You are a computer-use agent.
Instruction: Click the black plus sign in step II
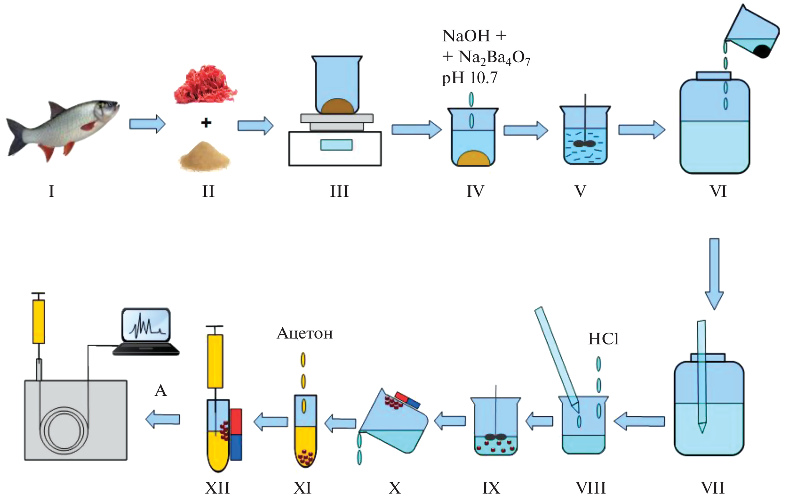(x=206, y=123)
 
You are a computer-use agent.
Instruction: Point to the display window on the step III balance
(x=336, y=145)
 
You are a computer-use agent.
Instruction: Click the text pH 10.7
(x=470, y=78)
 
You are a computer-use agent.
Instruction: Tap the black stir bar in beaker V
(x=584, y=144)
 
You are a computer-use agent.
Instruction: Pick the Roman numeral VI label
(x=718, y=191)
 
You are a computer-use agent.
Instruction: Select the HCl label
(x=603, y=339)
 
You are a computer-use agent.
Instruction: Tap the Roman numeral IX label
(x=491, y=488)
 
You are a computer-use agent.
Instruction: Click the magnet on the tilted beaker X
(x=407, y=400)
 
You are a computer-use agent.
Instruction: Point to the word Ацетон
(x=305, y=334)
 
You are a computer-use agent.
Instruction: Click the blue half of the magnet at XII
(x=236, y=447)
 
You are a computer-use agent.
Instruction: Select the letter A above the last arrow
(x=161, y=391)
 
